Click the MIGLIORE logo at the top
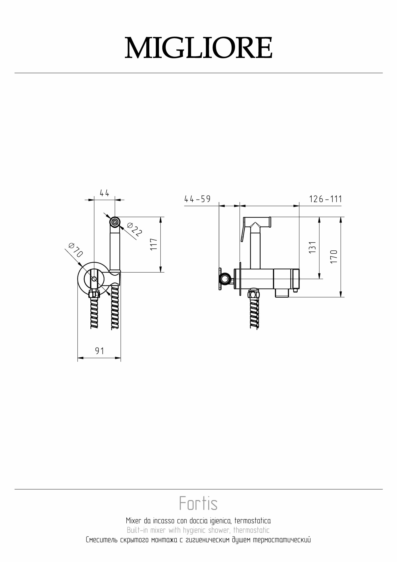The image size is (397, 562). click(x=198, y=47)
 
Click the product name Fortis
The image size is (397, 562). click(x=198, y=503)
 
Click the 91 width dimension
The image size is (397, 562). click(x=100, y=351)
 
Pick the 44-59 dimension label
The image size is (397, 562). click(x=197, y=199)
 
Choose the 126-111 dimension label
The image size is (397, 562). click(x=326, y=199)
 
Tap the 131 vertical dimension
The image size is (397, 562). click(x=312, y=247)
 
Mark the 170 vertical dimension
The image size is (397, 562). click(x=334, y=256)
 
